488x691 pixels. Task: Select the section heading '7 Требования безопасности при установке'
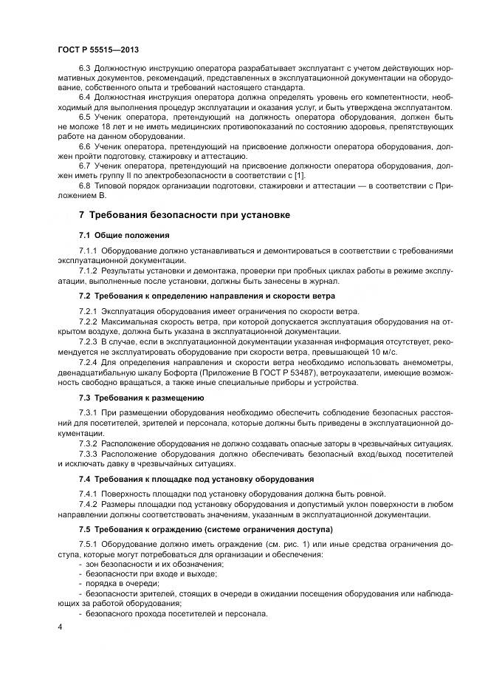click(x=184, y=214)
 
